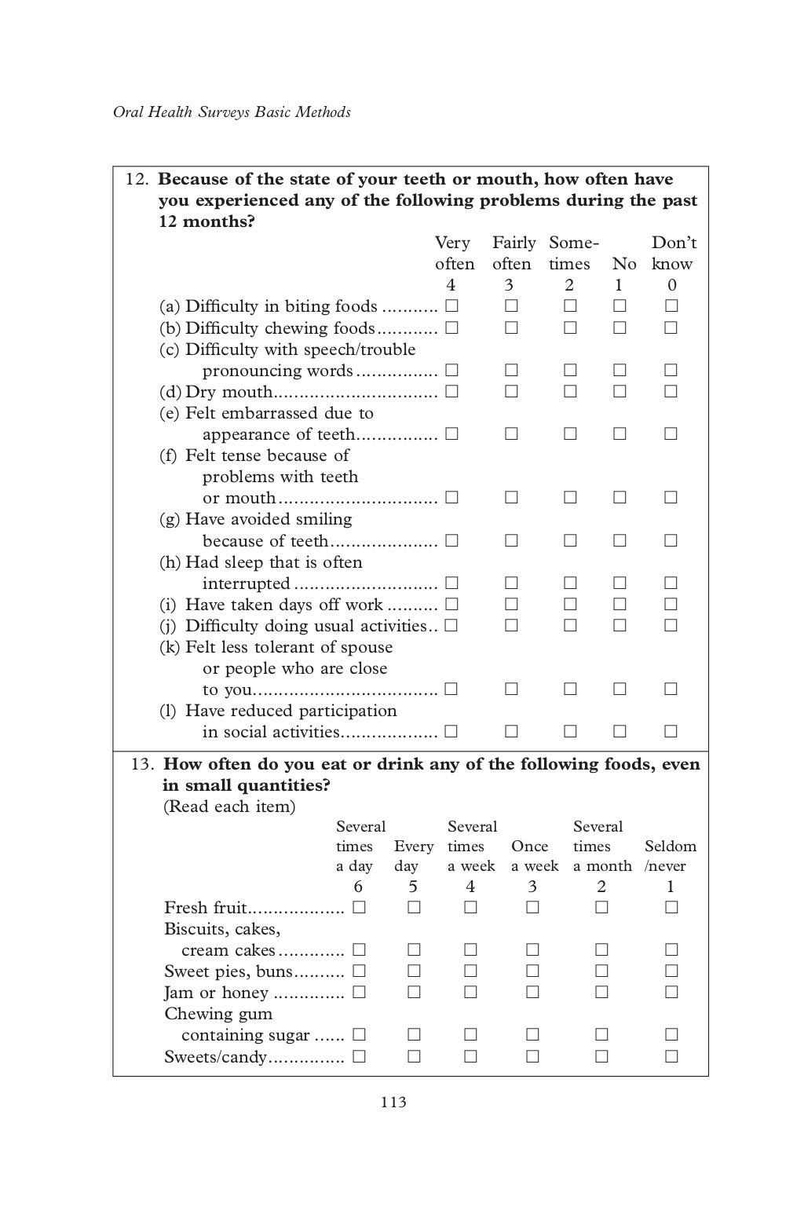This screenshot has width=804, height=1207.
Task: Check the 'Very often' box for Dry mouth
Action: pos(451,391)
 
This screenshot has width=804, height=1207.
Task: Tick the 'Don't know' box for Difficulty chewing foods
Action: pos(671,327)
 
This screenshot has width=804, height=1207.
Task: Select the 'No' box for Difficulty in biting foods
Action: pos(619,306)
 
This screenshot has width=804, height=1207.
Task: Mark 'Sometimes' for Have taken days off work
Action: pos(570,605)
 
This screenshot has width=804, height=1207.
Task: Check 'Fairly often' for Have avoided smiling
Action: pos(511,540)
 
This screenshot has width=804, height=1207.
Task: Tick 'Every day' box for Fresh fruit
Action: pos(414,908)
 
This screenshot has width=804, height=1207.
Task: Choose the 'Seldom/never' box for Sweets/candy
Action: pos(671,1056)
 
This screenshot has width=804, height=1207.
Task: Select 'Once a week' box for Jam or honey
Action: pos(532,992)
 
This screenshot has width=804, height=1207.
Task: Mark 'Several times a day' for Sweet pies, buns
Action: pos(359,971)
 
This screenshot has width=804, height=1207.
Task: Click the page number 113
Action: pos(393,1103)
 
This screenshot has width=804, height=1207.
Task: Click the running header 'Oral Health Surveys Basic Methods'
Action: pos(232,112)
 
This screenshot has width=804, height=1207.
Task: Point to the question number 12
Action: pos(137,179)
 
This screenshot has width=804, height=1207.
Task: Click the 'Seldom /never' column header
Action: pos(670,856)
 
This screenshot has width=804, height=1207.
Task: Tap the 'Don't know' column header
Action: pos(673,253)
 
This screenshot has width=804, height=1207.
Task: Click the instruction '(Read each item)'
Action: pos(228,806)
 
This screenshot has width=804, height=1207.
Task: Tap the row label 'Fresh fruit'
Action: pos(206,909)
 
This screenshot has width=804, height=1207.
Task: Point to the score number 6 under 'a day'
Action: pos(359,887)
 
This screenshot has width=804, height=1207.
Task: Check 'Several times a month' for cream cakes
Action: pos(601,950)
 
